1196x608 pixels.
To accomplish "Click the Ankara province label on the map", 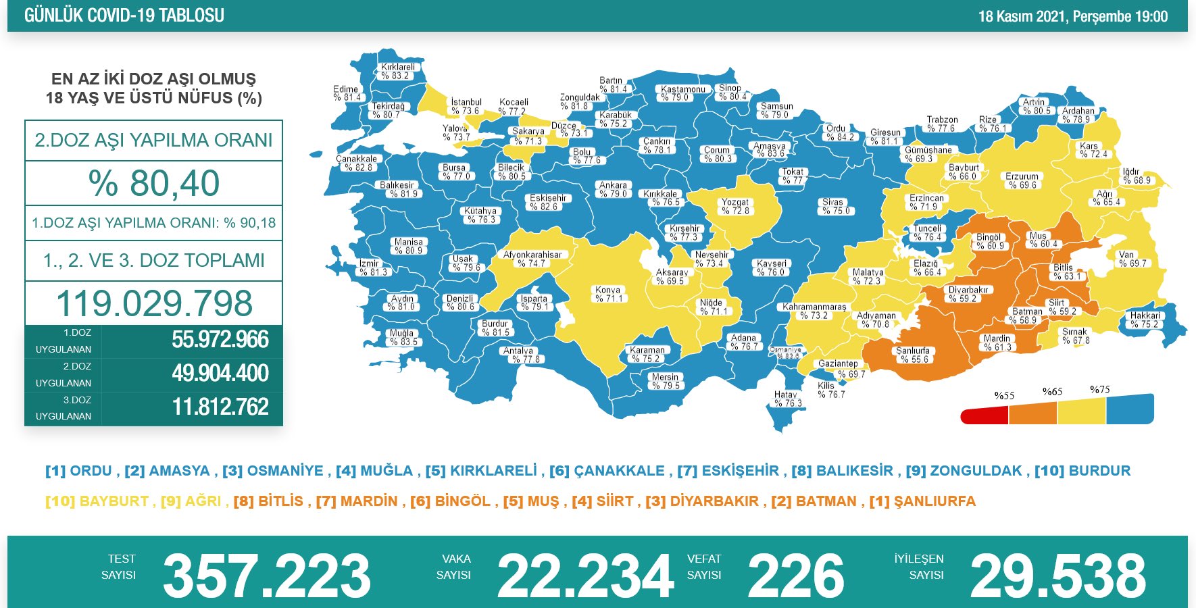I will pyautogui.click(x=614, y=189).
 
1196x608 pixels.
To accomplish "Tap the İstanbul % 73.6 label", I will pyautogui.click(x=466, y=107).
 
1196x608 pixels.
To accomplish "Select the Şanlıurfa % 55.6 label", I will pyautogui.click(x=912, y=355).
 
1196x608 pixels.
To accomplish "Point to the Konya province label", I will pyautogui.click(x=607, y=294).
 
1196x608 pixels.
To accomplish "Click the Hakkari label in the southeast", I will pyautogui.click(x=1145, y=320).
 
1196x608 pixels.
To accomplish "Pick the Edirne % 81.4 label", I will pyautogui.click(x=346, y=93).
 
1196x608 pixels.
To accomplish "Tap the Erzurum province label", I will pyautogui.click(x=1022, y=180).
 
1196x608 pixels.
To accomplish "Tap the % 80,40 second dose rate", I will pyautogui.click(x=154, y=183).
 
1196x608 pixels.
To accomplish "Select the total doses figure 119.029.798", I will pyautogui.click(x=154, y=303).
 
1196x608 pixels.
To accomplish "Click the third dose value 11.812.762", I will pyautogui.click(x=220, y=407).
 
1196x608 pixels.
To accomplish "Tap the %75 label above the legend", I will pyautogui.click(x=1099, y=390).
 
